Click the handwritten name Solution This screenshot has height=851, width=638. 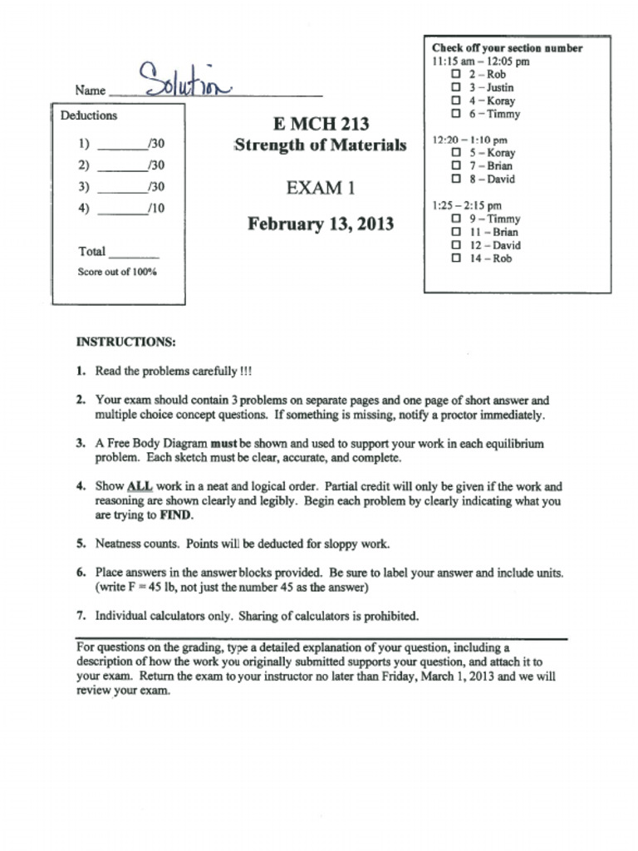point(184,81)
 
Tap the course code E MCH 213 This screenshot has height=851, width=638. point(320,124)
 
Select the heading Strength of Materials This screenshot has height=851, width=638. point(320,145)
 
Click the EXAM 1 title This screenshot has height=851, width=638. point(320,188)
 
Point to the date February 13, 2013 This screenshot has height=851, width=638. point(320,224)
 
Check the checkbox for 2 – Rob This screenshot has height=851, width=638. point(455,74)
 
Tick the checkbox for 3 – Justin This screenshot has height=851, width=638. point(455,87)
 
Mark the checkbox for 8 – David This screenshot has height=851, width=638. point(455,179)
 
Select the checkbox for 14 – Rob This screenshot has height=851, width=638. point(455,258)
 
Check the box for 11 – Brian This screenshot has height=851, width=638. point(455,232)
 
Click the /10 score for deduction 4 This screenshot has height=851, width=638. point(155,209)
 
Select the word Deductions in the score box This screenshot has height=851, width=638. point(89,116)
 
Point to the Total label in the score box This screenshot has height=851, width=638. point(91,251)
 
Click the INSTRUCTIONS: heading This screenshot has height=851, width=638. point(125,342)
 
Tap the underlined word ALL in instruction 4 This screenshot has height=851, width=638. point(139,486)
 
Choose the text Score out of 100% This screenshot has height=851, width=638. point(117,272)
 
